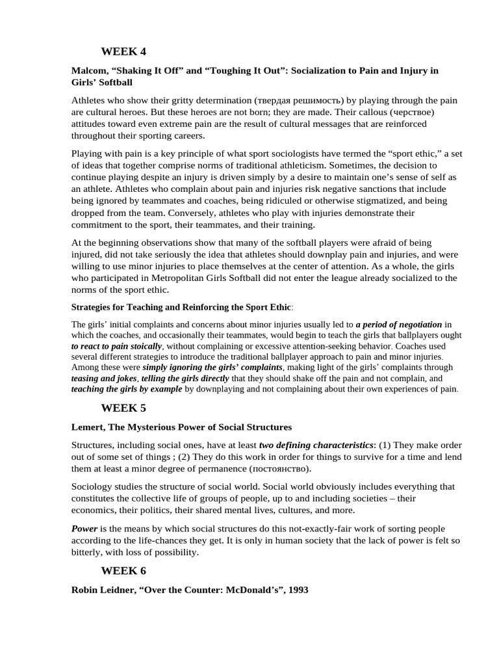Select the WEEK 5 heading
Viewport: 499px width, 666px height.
click(123, 408)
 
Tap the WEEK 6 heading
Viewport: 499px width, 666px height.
click(123, 571)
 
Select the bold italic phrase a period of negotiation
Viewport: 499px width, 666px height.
click(399, 324)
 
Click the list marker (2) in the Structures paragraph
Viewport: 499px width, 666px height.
click(162, 457)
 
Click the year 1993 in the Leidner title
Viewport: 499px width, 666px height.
click(296, 590)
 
